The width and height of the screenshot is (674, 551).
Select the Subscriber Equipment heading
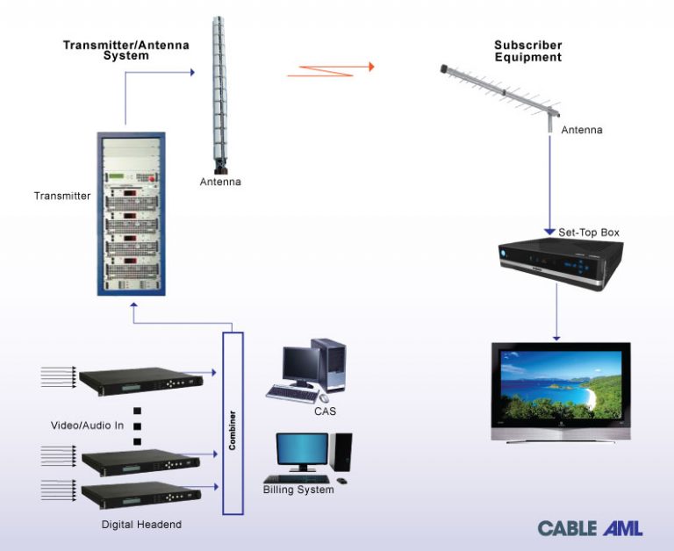point(527,51)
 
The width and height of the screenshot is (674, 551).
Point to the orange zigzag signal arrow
point(331,69)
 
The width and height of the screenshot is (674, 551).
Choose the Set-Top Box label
point(589,233)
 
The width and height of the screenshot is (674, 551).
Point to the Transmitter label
point(62,196)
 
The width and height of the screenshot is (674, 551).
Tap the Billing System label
point(298,490)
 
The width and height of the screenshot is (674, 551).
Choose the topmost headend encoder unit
point(141,377)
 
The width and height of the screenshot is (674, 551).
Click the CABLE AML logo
point(590,528)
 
